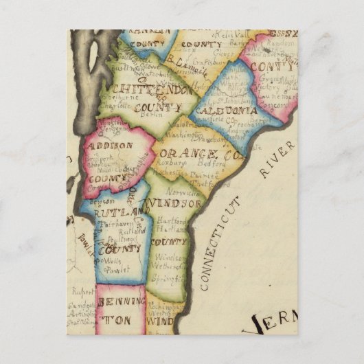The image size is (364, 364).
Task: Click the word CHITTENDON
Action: (144, 91)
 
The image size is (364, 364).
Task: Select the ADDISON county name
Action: (109, 146)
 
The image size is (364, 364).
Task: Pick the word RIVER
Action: (277, 159)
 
